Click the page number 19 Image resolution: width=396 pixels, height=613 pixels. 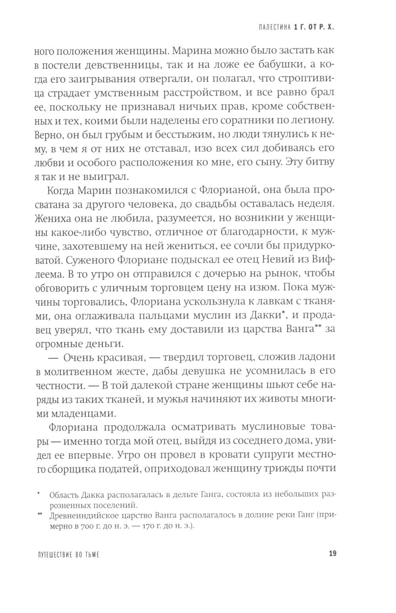click(332, 553)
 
